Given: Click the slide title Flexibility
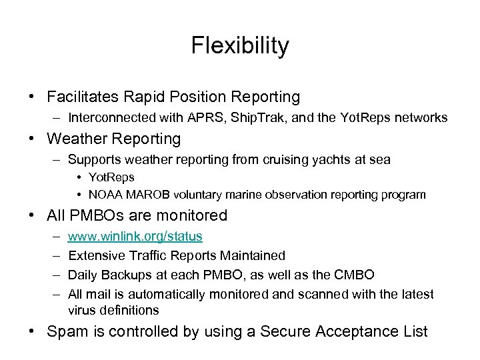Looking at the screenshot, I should (x=240, y=46).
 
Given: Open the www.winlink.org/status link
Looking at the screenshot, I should (x=135, y=237).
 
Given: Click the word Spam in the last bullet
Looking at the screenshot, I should (x=66, y=331).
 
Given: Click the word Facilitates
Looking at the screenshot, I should (x=85, y=97).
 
